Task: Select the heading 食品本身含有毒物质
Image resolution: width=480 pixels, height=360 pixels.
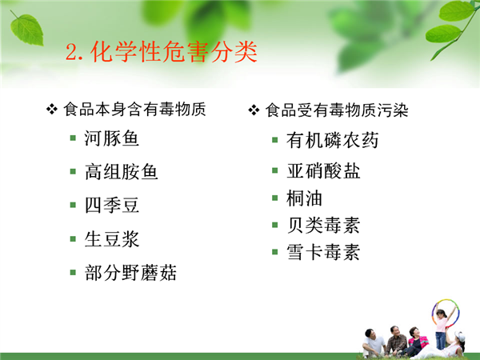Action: (134, 110)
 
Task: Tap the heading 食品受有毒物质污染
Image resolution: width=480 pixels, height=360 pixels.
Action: (337, 110)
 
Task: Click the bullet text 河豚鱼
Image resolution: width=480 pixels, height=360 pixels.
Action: (112, 138)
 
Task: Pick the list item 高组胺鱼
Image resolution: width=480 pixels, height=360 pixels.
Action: (122, 172)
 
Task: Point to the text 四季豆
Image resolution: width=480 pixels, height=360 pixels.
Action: (112, 205)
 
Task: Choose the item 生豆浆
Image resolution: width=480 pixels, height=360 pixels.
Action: (112, 238)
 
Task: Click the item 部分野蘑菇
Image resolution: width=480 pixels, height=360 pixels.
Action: (130, 273)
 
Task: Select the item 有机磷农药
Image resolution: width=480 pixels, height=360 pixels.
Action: (333, 141)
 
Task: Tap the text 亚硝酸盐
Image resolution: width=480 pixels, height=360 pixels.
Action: (323, 171)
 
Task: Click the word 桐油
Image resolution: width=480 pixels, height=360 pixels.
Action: (304, 198)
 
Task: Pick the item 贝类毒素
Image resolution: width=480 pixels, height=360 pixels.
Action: (323, 226)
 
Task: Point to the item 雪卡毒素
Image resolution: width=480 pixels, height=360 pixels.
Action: (323, 252)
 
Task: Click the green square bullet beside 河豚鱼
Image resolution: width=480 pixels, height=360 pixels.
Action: (73, 138)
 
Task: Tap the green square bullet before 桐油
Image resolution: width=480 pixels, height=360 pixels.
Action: (275, 198)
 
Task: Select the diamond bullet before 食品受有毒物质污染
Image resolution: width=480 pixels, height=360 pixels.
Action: (254, 110)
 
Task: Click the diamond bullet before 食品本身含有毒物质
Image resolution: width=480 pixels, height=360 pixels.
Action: (52, 109)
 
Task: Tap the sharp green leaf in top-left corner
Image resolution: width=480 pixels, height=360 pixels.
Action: (26, 30)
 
